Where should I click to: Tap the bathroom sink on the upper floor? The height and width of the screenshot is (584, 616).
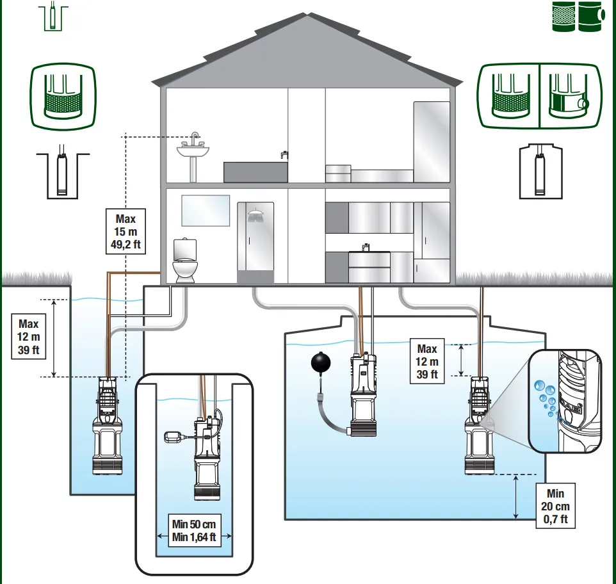click(193, 151)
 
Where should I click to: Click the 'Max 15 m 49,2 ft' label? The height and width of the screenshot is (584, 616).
click(126, 231)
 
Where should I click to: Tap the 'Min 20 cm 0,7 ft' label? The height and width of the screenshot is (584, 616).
click(555, 507)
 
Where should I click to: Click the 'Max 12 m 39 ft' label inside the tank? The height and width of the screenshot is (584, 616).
click(427, 361)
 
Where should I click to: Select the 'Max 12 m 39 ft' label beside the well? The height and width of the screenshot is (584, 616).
click(29, 337)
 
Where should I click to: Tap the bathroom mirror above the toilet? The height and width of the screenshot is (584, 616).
click(206, 211)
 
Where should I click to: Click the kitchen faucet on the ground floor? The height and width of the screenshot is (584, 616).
click(366, 247)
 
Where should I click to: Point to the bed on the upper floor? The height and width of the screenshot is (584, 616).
click(370, 174)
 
